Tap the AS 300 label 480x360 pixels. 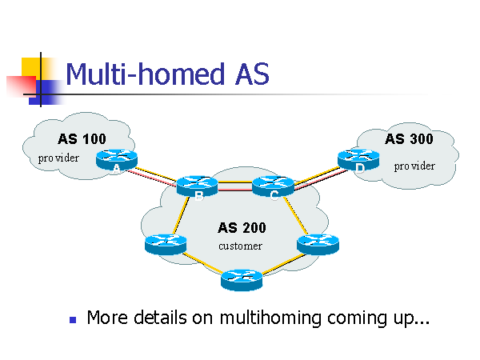click(409, 138)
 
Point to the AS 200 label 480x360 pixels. click(242, 228)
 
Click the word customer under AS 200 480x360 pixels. click(240, 246)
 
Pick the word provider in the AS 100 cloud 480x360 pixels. click(59, 158)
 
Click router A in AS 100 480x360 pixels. click(117, 160)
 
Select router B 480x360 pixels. click(198, 186)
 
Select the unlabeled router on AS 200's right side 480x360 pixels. click(318, 242)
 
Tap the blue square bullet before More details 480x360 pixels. click(73, 319)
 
